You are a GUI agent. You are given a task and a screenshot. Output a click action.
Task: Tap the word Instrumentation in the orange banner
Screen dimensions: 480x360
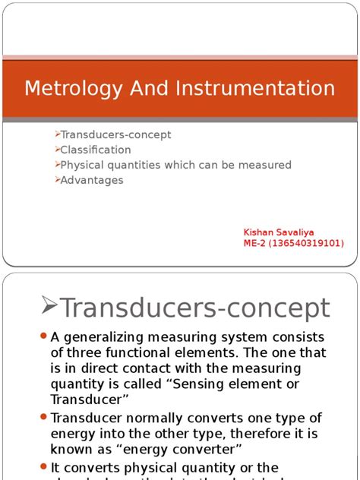point(254,88)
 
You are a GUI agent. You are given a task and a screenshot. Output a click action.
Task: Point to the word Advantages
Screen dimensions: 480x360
point(92,180)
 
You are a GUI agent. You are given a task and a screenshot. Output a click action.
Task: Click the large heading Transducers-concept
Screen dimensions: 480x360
point(194,308)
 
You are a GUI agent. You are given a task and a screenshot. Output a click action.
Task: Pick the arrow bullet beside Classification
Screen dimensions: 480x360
point(57,150)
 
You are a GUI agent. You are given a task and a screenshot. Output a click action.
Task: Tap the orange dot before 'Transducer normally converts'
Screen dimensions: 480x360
point(43,417)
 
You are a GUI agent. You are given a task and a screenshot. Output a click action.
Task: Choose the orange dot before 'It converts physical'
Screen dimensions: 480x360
point(43,467)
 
